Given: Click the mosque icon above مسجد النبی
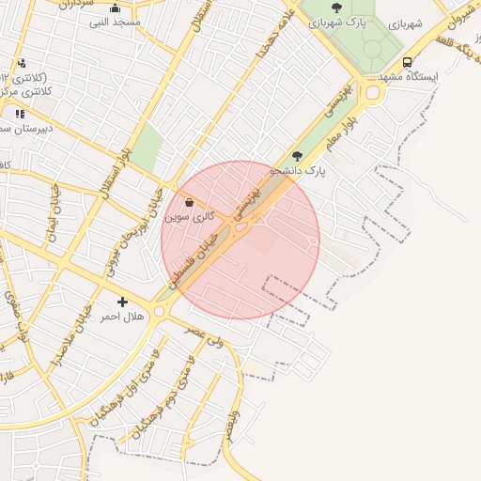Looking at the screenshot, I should point(116,8).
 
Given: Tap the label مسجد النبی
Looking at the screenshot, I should point(115,22).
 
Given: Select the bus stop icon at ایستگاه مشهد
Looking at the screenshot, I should point(407,62).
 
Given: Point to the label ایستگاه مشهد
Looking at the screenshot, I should point(409,75).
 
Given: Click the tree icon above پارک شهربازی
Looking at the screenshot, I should point(336,8).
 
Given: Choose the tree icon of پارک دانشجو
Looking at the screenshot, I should point(298,156).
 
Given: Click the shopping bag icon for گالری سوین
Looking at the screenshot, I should point(190,202).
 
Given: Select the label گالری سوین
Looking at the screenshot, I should point(190,216).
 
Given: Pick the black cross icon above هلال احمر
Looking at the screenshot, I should point(122,302).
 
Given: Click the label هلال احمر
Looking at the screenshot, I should point(122,317).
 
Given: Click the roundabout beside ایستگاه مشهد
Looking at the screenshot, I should point(373,92).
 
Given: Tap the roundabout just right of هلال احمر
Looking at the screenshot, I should point(163,310).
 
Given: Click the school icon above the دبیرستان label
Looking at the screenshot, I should point(20,114).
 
